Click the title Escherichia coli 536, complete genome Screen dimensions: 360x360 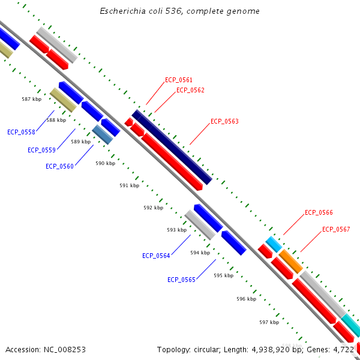tap(180, 11)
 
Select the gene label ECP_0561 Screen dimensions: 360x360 tap(179, 80)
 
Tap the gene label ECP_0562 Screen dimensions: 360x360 tap(190, 91)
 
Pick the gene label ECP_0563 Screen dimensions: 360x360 tap(224, 122)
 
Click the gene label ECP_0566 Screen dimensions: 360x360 tap(319, 213)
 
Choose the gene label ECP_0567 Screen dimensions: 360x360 tap(336, 230)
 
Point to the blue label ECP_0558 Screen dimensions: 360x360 tap(21, 132)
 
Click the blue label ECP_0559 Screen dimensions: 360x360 tap(41, 150)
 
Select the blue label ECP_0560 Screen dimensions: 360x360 tap(59, 166)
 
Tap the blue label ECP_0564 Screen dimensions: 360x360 tap(156, 256)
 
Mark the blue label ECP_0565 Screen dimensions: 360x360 tap(181, 280)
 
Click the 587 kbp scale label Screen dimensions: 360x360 tap(31, 99)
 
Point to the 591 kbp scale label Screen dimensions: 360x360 tap(129, 186)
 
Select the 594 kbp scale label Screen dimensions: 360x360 tap(200, 253)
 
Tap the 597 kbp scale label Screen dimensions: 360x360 tap(269, 323)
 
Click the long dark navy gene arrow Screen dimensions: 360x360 tap(172, 147)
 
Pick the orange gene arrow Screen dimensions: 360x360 tap(291, 261)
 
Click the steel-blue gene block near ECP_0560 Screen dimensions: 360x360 tap(103, 134)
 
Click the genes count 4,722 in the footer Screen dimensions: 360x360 tap(346, 349)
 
